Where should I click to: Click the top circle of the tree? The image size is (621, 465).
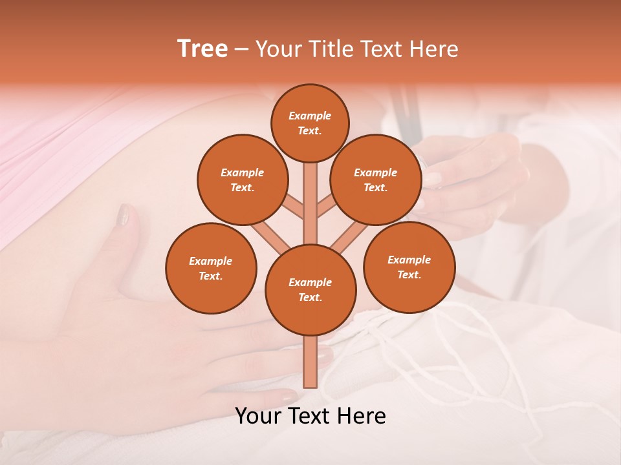click(310, 123)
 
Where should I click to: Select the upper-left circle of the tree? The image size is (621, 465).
click(242, 180)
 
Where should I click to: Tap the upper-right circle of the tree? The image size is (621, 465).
click(375, 180)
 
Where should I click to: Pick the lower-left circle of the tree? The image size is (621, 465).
click(211, 268)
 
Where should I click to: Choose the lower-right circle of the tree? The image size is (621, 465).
click(409, 267)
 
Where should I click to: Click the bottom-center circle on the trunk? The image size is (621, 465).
click(310, 289)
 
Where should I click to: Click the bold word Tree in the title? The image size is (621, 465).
click(202, 48)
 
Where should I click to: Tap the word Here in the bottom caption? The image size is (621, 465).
click(359, 416)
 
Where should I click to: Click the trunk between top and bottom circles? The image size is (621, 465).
click(310, 203)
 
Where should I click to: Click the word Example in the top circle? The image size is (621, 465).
click(310, 116)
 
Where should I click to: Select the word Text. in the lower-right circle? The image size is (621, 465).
click(409, 274)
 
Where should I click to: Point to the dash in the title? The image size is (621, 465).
click(241, 49)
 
